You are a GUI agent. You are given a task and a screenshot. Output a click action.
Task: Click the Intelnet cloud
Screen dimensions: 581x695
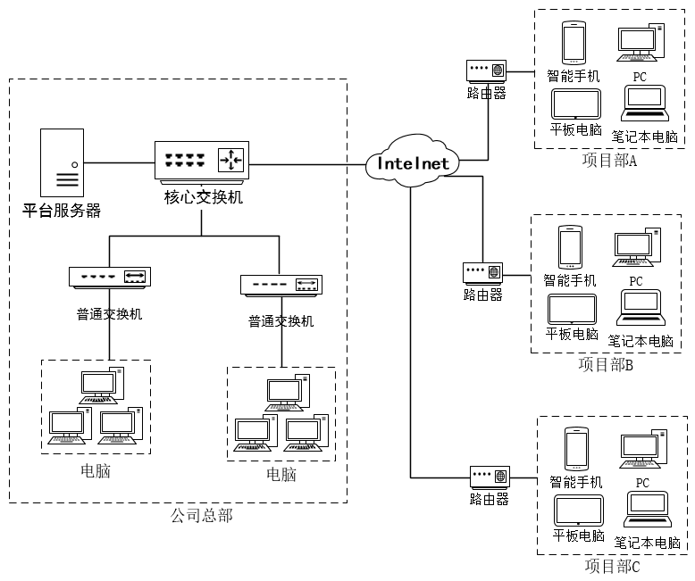click(x=413, y=163)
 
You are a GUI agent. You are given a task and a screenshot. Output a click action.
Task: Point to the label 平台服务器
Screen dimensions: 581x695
click(x=62, y=211)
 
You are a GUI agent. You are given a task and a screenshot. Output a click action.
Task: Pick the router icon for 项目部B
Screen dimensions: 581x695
click(x=483, y=271)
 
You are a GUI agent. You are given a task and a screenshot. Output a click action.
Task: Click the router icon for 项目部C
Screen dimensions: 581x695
click(x=490, y=476)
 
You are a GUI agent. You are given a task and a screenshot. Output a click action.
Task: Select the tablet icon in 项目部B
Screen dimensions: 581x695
click(x=572, y=309)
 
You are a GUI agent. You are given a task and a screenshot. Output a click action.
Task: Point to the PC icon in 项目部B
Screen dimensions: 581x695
click(x=637, y=246)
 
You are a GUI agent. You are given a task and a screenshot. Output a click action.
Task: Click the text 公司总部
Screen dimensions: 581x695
click(x=201, y=515)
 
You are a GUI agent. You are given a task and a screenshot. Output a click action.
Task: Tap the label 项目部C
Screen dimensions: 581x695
click(x=612, y=566)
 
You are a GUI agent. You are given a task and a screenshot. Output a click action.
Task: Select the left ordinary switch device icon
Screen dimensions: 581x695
click(x=109, y=277)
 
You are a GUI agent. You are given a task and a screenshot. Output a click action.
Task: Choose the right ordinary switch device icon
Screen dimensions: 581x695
click(x=281, y=285)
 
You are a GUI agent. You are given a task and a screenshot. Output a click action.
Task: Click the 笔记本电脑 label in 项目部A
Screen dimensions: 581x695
click(x=644, y=137)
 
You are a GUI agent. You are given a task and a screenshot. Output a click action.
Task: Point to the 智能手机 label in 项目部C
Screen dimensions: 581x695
click(x=576, y=482)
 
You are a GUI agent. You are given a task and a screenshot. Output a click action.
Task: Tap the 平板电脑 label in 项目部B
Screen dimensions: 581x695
click(x=572, y=335)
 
